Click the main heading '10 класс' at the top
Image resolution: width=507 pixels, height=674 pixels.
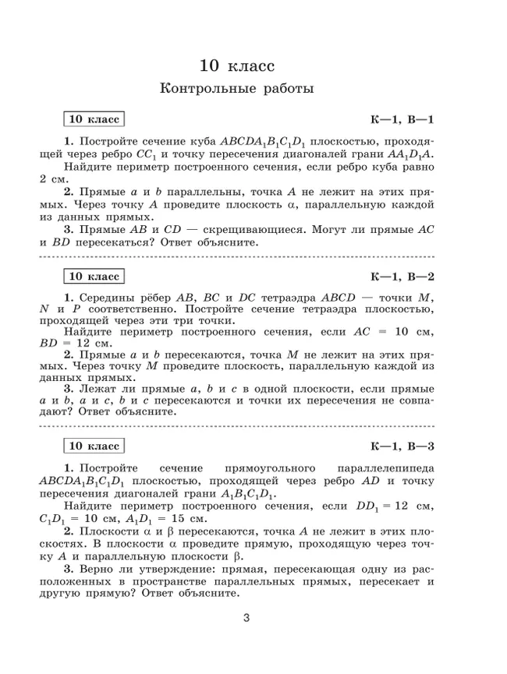pyautogui.click(x=236, y=63)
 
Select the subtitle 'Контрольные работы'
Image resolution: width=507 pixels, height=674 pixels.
pyautogui.click(x=236, y=89)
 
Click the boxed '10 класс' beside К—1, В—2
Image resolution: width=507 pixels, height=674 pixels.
pyautogui.click(x=94, y=277)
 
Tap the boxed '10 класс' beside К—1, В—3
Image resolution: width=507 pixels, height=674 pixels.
pyautogui.click(x=94, y=446)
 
